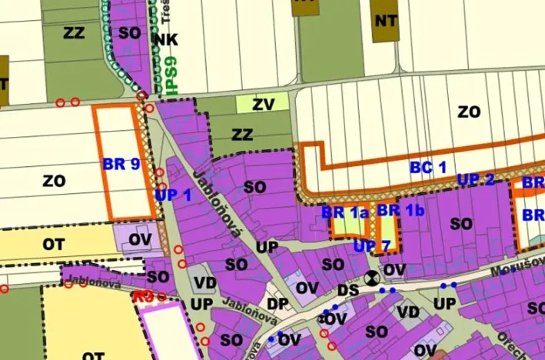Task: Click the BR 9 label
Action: [120, 164]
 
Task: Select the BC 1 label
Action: [427, 166]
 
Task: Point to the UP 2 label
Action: [476, 180]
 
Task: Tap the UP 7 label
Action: [373, 246]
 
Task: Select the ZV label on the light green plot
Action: [262, 104]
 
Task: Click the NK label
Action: [165, 39]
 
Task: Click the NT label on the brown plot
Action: [385, 21]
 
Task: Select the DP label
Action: [277, 304]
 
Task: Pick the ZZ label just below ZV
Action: [242, 135]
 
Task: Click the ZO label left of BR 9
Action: [54, 182]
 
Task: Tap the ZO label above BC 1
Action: [468, 112]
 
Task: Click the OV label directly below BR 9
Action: [139, 239]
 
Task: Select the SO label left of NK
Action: [130, 33]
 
